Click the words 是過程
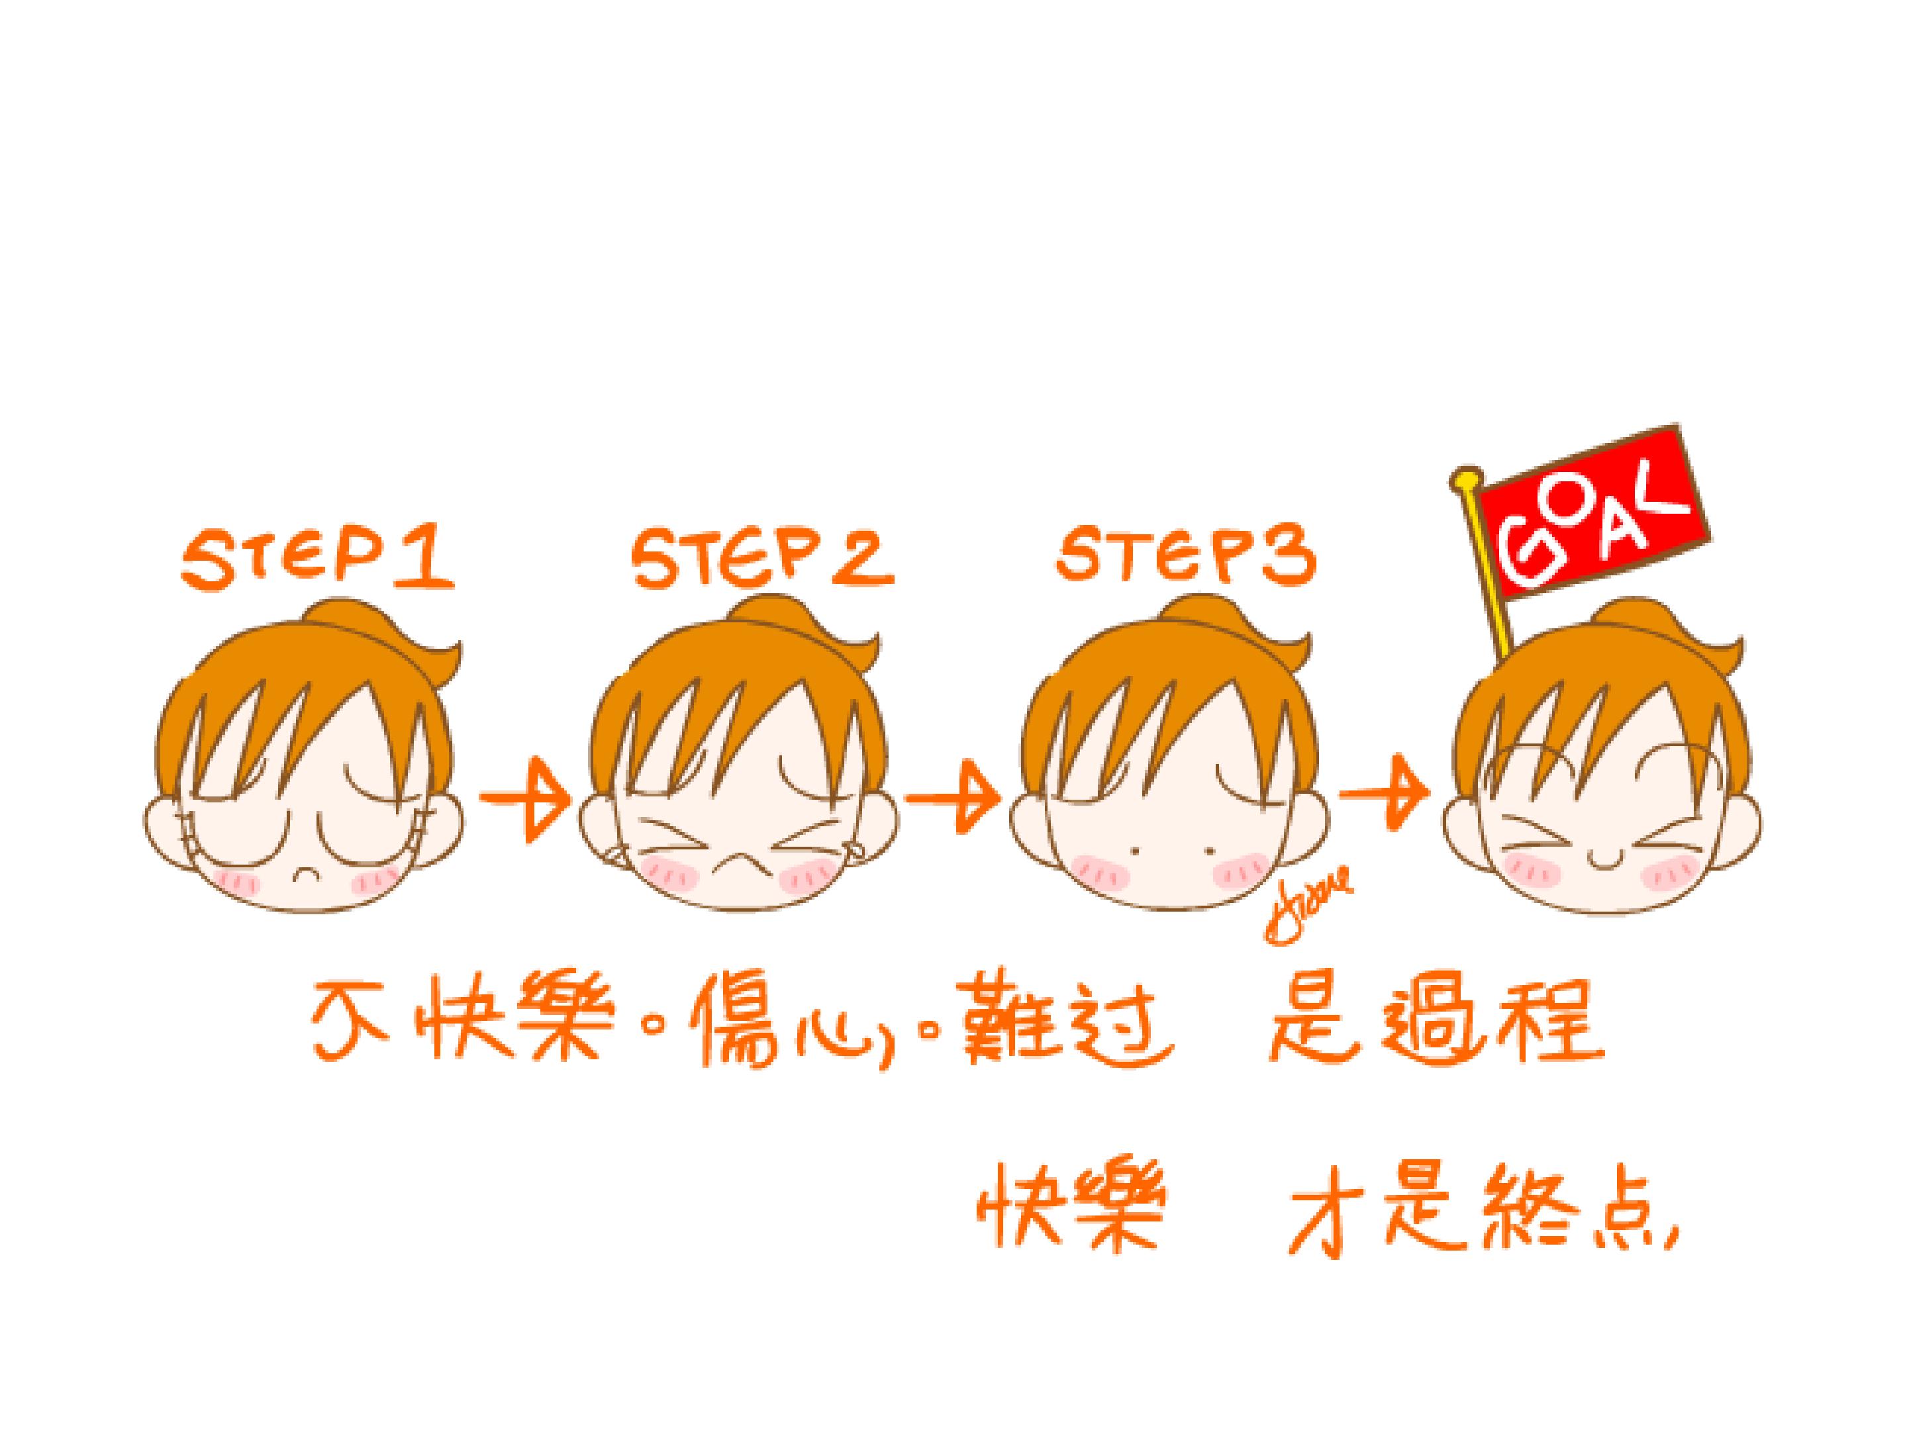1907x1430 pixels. (1435, 1019)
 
